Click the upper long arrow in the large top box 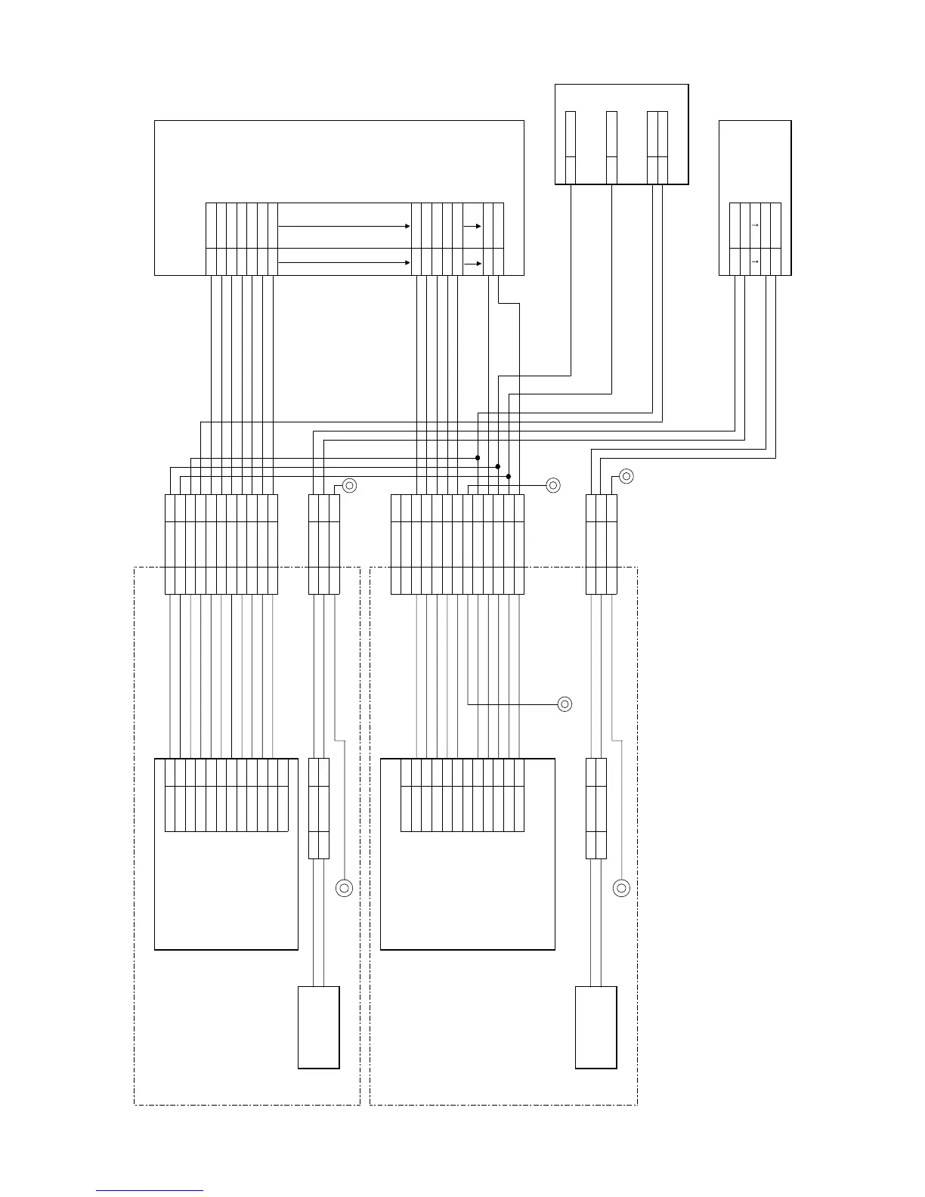(x=344, y=226)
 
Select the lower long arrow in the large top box (x=344, y=262)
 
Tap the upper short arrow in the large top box (x=472, y=226)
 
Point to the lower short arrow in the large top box (x=472, y=264)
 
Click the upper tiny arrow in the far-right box (x=755, y=225)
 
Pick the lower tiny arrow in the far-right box (x=755, y=261)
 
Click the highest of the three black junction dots (x=478, y=458)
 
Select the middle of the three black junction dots (x=498, y=467)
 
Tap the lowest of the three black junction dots (x=509, y=477)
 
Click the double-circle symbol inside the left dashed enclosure (x=344, y=889)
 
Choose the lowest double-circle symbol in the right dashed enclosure (x=622, y=889)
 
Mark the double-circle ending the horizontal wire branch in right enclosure (x=565, y=704)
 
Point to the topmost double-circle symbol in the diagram (x=626, y=476)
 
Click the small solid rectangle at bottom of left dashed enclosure (x=318, y=1027)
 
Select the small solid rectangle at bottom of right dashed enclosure (x=596, y=1027)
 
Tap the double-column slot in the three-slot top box (x=657, y=147)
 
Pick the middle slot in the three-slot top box (x=611, y=147)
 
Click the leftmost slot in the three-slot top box (x=571, y=147)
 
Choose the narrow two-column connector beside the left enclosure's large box (x=319, y=809)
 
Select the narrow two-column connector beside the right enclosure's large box (x=596, y=809)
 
